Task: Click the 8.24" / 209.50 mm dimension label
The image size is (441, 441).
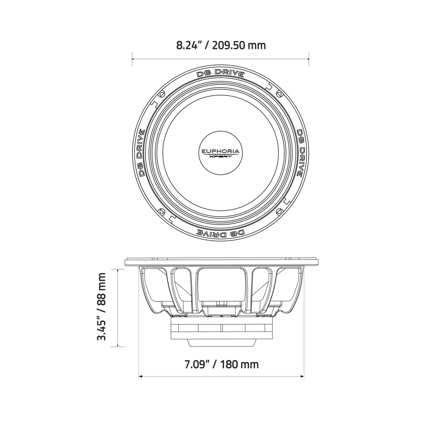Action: [220, 45]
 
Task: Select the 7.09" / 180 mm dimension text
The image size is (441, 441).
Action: [221, 364]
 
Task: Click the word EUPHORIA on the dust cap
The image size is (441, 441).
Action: [220, 151]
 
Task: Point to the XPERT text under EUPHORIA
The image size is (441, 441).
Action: [220, 157]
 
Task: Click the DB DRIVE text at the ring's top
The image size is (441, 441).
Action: [220, 73]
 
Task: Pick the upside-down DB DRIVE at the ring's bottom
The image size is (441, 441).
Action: [220, 232]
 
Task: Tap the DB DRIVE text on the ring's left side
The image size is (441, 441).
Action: [141, 153]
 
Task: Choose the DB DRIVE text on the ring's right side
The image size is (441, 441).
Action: [300, 153]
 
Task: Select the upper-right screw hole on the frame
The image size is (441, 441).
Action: [280, 94]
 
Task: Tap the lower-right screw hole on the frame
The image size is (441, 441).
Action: [280, 211]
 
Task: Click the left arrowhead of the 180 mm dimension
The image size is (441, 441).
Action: [140, 377]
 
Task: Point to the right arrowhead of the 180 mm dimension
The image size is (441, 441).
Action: [303, 377]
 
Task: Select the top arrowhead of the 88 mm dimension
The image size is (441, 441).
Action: [118, 269]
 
